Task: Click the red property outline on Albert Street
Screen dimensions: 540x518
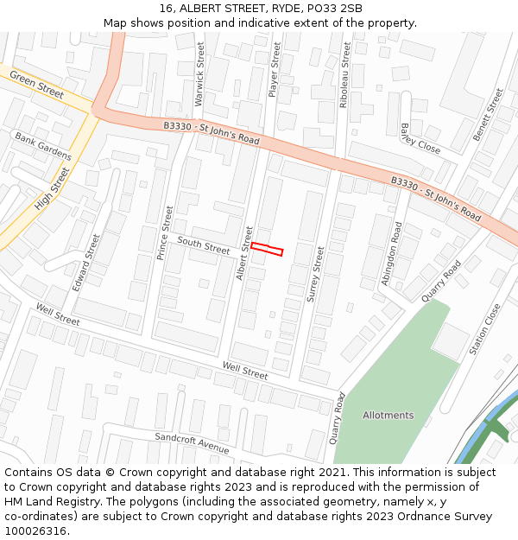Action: tap(267, 250)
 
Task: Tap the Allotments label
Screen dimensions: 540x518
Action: tap(388, 416)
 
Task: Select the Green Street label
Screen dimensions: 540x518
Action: tap(37, 83)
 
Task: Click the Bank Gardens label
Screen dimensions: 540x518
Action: tap(43, 146)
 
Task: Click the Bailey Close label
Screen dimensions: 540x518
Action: tap(420, 138)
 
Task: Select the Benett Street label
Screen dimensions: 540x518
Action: tap(488, 114)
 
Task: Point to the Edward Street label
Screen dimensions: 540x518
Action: tap(86, 261)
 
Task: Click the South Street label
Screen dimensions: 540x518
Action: tap(204, 245)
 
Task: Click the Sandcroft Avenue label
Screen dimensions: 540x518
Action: tap(192, 443)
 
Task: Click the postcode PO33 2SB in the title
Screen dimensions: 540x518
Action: tap(333, 9)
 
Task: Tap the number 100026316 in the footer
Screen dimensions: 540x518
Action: tap(35, 530)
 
